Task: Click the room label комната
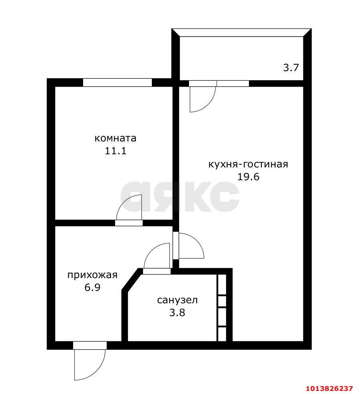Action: coord(115,138)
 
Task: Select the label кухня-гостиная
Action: coord(248,164)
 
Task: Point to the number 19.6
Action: coord(248,176)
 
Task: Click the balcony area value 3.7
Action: coord(291,68)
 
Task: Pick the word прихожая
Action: coord(92,275)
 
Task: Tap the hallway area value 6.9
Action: coord(92,287)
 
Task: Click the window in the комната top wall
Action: coord(117,83)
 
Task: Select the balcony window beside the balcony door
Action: coord(233,84)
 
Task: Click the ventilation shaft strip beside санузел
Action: coord(222,308)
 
